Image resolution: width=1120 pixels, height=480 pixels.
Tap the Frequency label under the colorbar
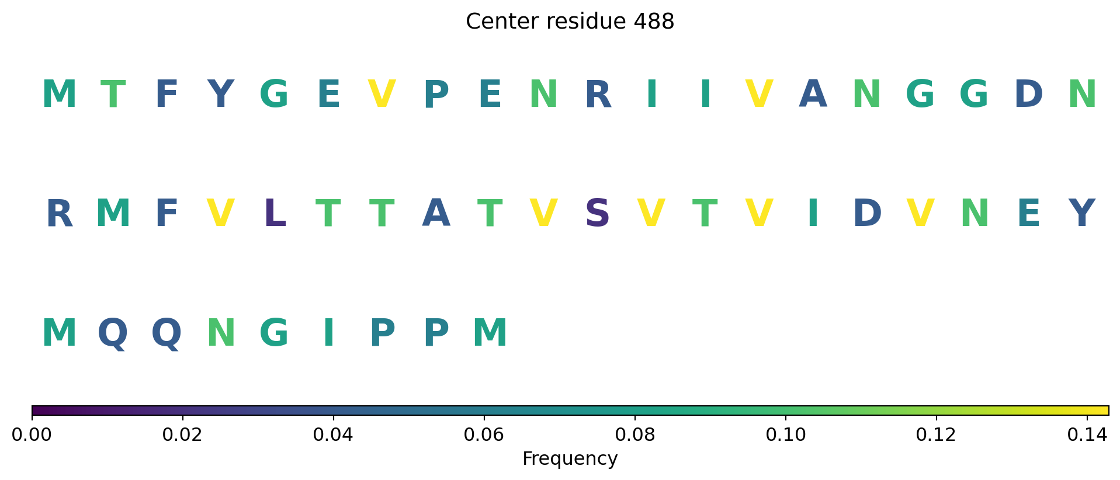click(x=570, y=459)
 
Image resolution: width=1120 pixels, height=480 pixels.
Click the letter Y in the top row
click(x=220, y=94)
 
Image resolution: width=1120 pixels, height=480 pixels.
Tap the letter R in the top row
click(x=598, y=94)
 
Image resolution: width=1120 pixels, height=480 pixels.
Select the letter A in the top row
click(x=813, y=94)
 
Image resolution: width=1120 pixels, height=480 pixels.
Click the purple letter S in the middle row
click(x=598, y=214)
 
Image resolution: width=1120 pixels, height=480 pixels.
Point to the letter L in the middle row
click(x=275, y=214)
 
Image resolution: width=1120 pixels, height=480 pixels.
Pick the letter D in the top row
click(x=1028, y=94)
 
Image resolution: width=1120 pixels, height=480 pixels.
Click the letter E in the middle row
click(x=1028, y=214)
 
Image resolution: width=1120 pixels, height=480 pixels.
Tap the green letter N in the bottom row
click(x=221, y=333)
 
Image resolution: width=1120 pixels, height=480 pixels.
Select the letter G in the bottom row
click(x=274, y=333)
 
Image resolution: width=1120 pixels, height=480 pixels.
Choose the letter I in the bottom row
click(x=328, y=333)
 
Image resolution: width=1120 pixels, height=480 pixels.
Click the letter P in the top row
click(x=436, y=94)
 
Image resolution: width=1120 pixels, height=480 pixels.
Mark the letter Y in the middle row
click(x=1081, y=214)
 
